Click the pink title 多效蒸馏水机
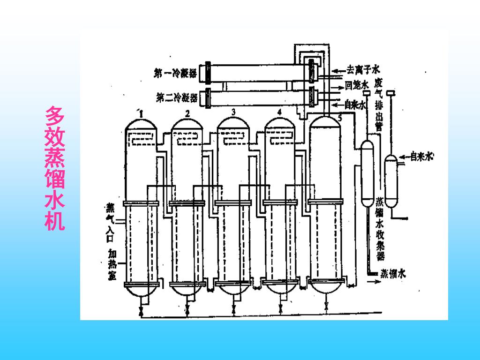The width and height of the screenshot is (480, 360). coord(55,169)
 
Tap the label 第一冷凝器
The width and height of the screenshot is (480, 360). coord(175,73)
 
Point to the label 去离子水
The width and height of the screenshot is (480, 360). coord(363,70)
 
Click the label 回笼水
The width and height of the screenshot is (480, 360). coord(355,85)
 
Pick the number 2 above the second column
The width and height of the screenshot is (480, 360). coord(187,113)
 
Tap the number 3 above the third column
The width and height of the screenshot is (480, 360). coord(233,112)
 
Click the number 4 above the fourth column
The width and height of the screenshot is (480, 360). coord(279,112)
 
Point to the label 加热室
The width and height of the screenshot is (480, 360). coord(112,264)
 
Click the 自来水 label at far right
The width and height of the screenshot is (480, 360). coord(421,157)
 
